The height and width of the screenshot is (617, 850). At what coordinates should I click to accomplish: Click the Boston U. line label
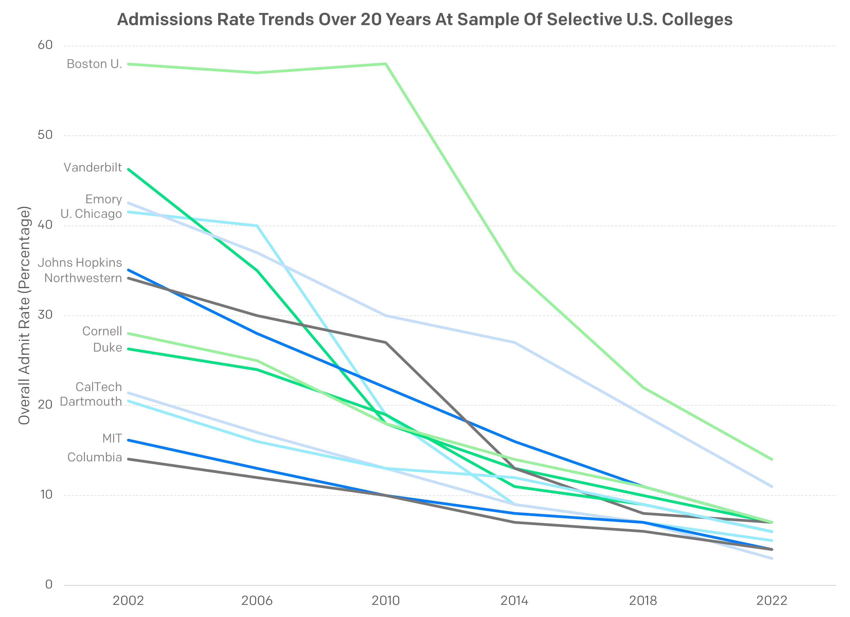(94, 64)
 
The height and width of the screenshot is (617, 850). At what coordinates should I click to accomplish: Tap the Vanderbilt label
(93, 167)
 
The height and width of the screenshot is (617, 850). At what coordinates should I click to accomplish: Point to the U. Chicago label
(91, 214)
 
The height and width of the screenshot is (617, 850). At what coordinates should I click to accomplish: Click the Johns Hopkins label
(80, 263)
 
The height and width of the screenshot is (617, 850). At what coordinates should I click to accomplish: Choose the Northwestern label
(83, 278)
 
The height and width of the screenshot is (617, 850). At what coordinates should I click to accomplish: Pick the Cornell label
(102, 331)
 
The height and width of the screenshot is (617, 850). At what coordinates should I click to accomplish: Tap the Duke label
(107, 348)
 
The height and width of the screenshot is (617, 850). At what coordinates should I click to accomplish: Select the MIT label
(112, 438)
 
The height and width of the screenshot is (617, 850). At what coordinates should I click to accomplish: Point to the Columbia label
(94, 457)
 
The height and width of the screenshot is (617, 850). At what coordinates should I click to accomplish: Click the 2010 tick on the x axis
(386, 601)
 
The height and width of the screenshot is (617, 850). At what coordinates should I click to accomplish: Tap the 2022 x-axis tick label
(772, 601)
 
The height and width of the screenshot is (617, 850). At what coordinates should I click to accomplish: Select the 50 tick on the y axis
(45, 135)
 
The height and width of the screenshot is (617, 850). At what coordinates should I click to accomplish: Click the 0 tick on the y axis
(49, 584)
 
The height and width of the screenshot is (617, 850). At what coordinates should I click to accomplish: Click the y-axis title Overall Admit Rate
(24, 315)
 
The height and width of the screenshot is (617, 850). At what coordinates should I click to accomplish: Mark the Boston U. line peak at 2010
(386, 64)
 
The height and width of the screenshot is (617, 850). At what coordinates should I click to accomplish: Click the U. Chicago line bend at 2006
(257, 226)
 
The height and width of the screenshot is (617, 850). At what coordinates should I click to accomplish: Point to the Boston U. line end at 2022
(772, 459)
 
